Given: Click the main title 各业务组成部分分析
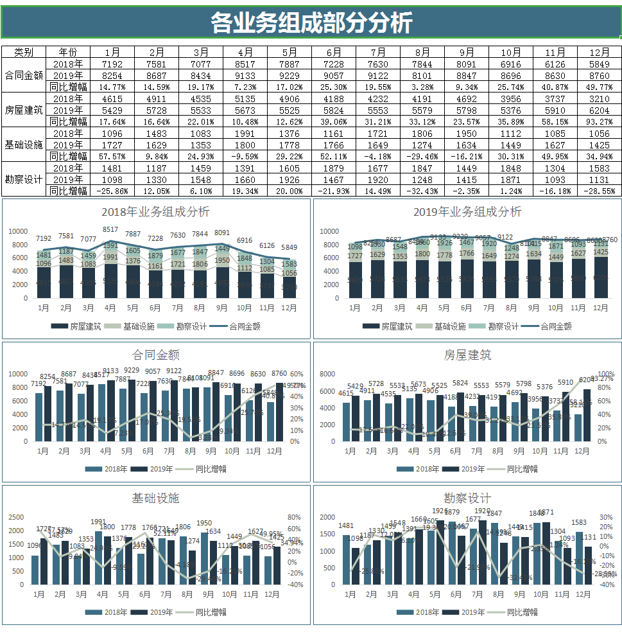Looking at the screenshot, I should click(311, 23).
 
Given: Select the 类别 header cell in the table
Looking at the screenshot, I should click(24, 52).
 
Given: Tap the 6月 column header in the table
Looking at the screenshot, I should click(333, 52).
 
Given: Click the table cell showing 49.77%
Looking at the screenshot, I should click(599, 87).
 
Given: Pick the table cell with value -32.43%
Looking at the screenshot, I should click(422, 191).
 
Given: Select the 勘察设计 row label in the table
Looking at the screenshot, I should click(24, 179).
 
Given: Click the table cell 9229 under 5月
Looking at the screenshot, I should click(289, 75).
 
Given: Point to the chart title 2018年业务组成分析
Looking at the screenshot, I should click(155, 212).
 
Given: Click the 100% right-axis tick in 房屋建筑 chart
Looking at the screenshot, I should click(606, 374).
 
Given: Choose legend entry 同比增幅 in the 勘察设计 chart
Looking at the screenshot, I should click(522, 612).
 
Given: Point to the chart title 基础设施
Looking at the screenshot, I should click(155, 498).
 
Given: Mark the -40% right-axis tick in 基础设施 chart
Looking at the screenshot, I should click(294, 585).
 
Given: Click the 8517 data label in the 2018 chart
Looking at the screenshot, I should click(110, 229).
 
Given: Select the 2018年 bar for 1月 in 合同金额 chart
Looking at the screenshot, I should click(39, 417).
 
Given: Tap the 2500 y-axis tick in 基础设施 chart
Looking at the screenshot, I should click(17, 517).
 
